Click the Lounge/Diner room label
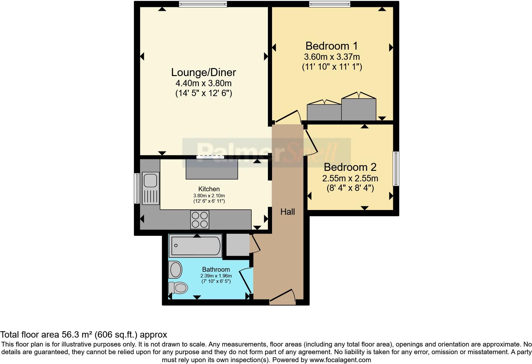click(x=203, y=72)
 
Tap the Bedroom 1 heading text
click(x=332, y=46)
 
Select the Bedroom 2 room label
click(x=350, y=167)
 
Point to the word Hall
click(x=287, y=212)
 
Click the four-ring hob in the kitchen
click(x=200, y=220)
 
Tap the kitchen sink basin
click(x=150, y=181)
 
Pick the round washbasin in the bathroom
click(x=175, y=270)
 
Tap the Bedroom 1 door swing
click(x=288, y=117)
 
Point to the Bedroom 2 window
click(x=396, y=169)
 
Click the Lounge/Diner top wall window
click(x=203, y=4)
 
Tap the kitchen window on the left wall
click(x=137, y=188)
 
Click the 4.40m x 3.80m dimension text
click(x=203, y=84)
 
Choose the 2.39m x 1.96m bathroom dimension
click(x=216, y=276)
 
